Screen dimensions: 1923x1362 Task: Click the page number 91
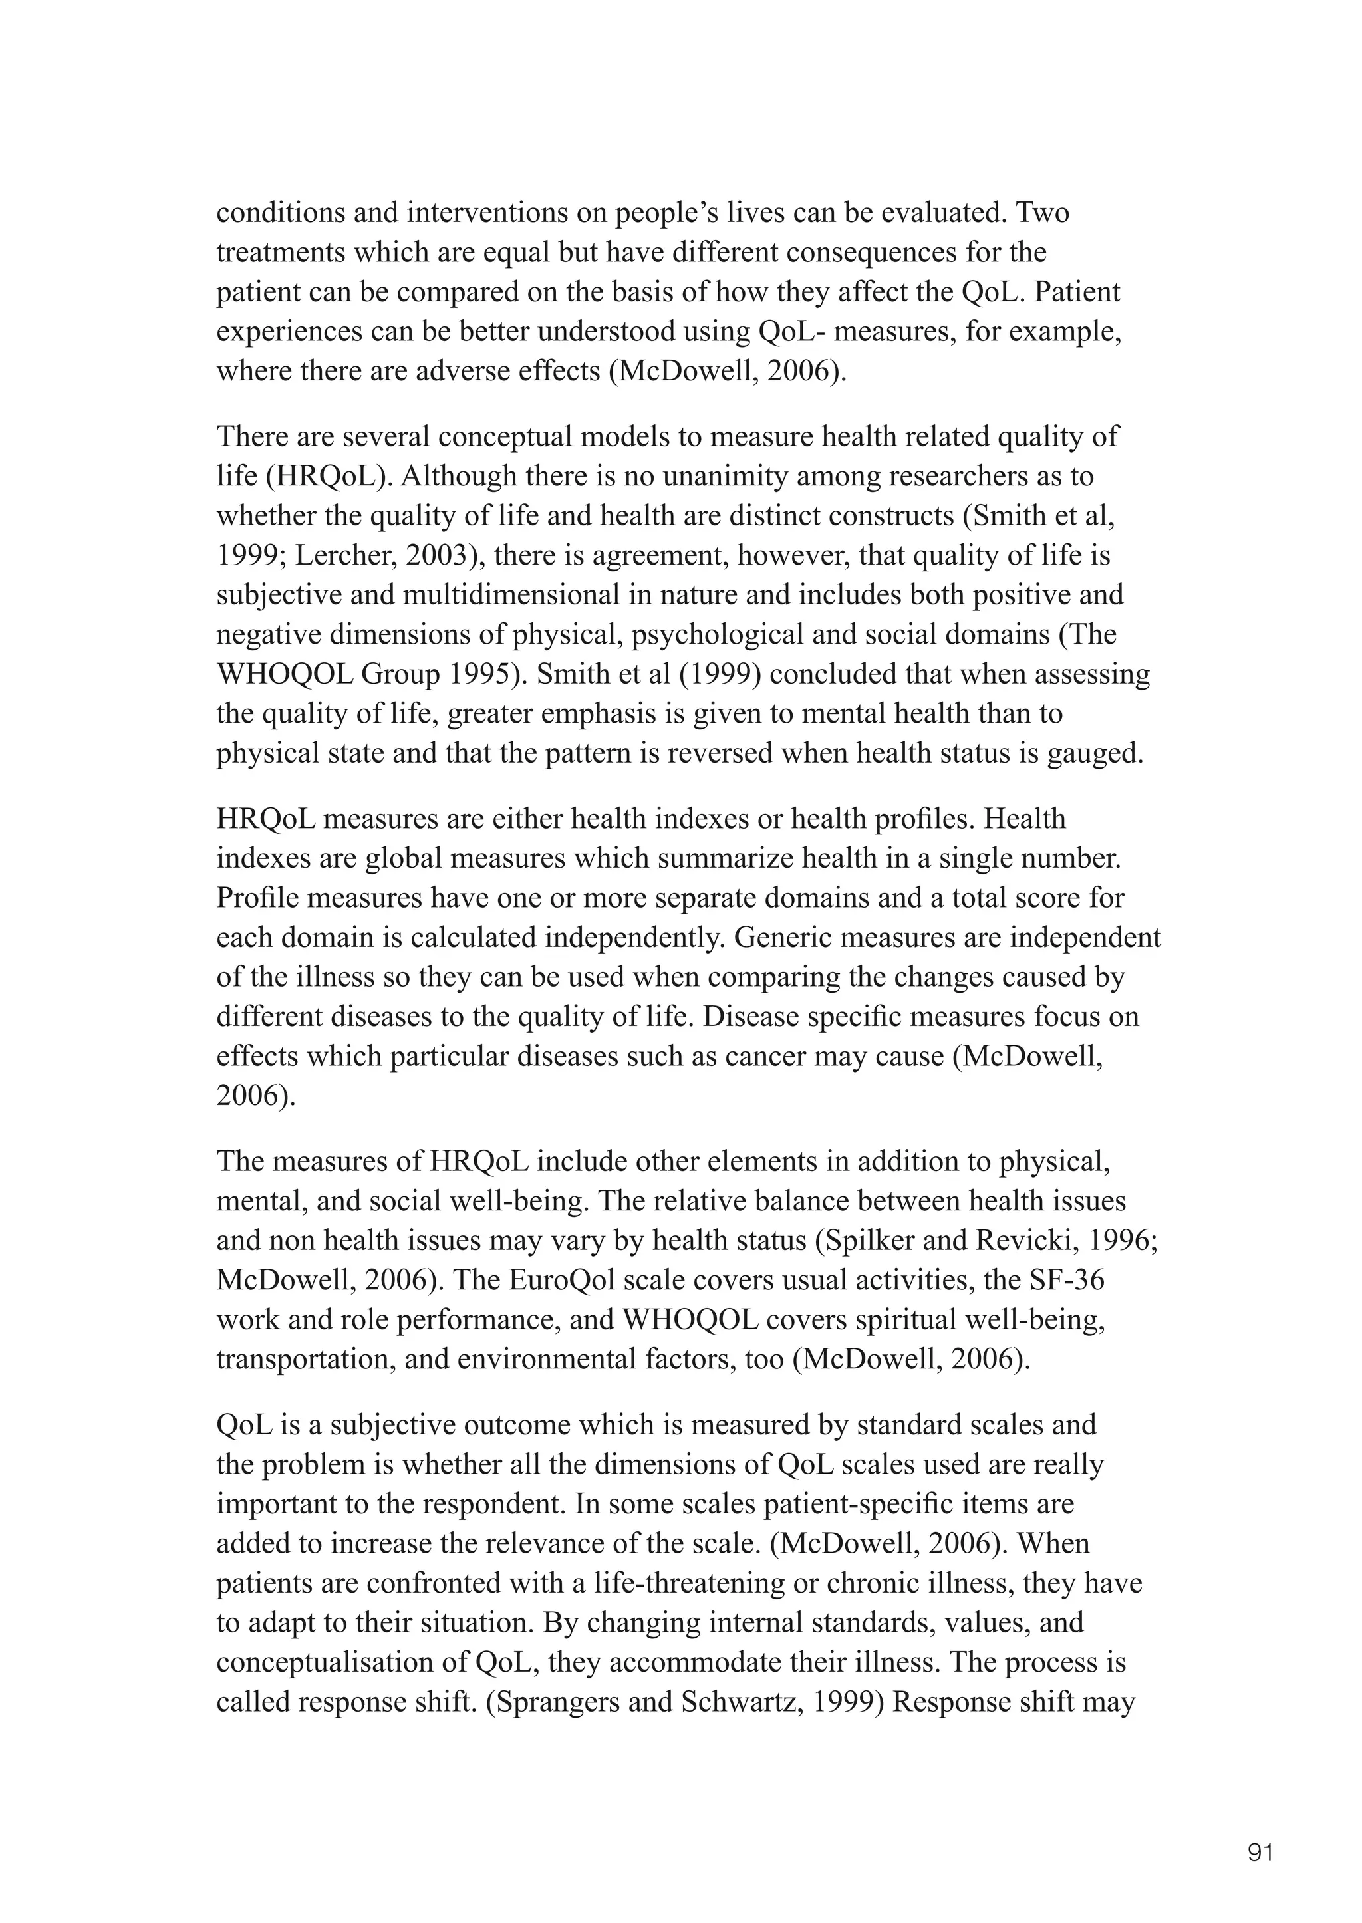(x=1260, y=1829)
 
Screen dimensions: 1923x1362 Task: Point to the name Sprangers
(x=557, y=1702)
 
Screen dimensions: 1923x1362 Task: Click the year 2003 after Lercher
(x=412, y=555)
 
